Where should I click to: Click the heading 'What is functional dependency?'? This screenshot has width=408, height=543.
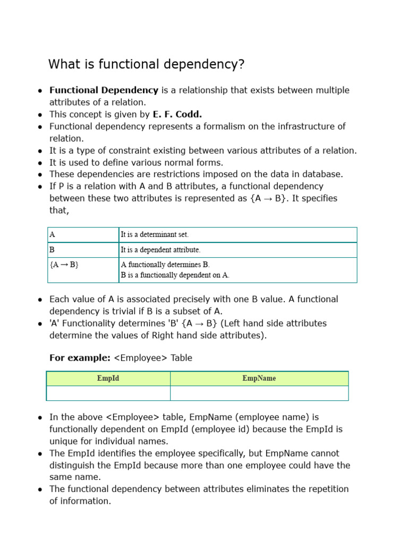click(x=147, y=65)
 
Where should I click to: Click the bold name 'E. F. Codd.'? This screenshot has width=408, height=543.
click(x=177, y=114)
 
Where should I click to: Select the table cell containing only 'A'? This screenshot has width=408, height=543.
click(x=83, y=234)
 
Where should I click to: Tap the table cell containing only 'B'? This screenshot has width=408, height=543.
click(x=83, y=250)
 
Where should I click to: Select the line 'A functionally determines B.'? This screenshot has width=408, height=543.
click(x=165, y=265)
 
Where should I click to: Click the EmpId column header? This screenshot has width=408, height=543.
click(x=108, y=379)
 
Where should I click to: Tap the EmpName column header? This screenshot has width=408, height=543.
click(x=259, y=379)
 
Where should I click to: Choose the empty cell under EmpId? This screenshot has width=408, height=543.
click(x=108, y=393)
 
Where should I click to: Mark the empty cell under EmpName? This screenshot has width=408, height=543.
click(x=259, y=393)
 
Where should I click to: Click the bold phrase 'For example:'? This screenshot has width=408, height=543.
click(x=80, y=358)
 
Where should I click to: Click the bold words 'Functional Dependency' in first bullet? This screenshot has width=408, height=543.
click(x=104, y=90)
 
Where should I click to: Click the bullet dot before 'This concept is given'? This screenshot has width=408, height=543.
click(x=40, y=115)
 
